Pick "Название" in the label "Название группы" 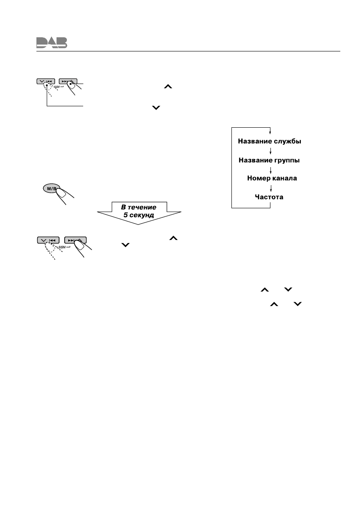pyautogui.click(x=254, y=160)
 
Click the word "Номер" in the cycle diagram pyautogui.click(x=258, y=178)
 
